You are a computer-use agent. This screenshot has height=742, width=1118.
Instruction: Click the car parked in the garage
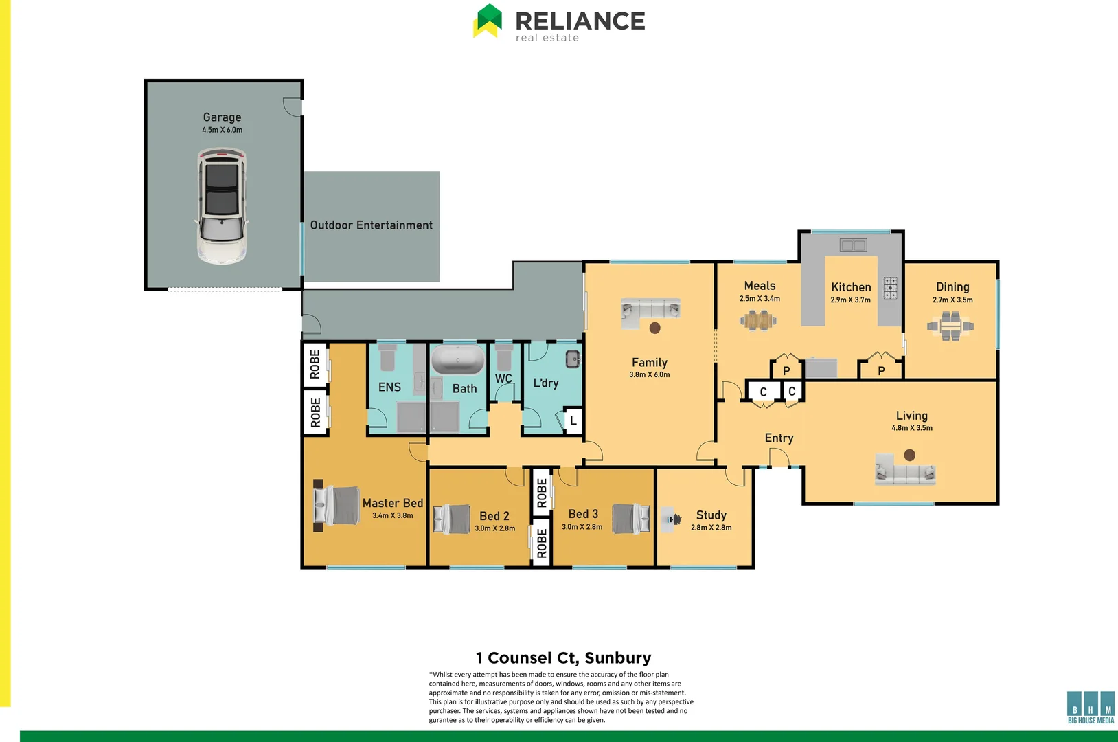click(222, 206)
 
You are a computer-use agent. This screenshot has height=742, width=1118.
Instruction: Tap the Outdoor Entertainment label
click(371, 225)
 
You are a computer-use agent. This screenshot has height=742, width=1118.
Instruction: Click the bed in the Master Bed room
click(337, 506)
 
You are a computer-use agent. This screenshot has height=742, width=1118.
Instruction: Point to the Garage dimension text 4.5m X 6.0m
click(222, 130)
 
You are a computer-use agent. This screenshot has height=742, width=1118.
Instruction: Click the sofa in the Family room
click(650, 310)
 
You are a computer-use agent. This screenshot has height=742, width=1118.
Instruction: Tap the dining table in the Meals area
click(758, 320)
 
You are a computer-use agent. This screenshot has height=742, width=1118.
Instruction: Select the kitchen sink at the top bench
click(853, 245)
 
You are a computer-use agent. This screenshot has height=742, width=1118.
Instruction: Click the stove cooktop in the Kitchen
click(890, 288)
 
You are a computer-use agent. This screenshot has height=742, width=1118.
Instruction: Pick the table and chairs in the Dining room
click(951, 326)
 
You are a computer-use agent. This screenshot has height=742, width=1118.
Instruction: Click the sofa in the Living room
click(905, 471)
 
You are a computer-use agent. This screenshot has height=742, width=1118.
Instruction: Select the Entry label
click(779, 438)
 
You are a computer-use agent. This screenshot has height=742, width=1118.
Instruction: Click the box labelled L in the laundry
click(573, 420)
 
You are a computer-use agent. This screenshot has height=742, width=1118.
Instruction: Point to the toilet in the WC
click(504, 357)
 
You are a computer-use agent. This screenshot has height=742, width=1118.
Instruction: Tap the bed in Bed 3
click(630, 519)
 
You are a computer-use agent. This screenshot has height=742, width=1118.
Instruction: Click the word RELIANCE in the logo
click(580, 21)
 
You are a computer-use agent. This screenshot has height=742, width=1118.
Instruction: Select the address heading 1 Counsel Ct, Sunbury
click(563, 658)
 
